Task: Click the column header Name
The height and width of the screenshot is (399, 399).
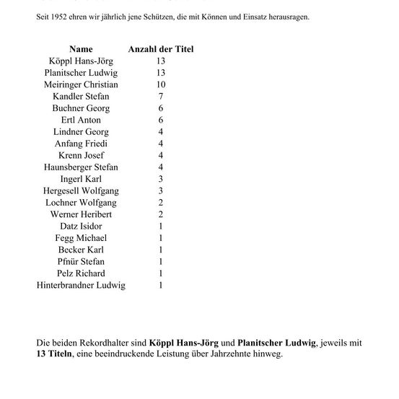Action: tap(81, 49)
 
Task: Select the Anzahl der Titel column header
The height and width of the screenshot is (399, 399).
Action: tap(160, 49)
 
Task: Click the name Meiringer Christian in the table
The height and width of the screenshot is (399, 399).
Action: tap(81, 84)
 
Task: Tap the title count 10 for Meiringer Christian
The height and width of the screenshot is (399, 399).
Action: tap(160, 84)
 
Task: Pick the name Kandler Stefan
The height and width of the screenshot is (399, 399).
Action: tap(81, 96)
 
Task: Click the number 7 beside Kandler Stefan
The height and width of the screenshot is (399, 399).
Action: tap(160, 96)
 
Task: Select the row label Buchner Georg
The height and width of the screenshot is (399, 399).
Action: tap(81, 108)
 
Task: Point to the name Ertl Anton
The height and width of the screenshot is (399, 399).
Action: tap(81, 120)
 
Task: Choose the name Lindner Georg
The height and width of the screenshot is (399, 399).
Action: tap(81, 132)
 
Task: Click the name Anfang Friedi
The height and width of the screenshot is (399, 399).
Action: tap(81, 144)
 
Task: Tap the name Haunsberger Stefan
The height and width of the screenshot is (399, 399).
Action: tap(81, 167)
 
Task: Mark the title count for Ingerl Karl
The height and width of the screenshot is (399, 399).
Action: tap(160, 179)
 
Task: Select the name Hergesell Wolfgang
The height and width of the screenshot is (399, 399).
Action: tap(81, 190)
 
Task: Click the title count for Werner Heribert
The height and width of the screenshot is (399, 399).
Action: tap(160, 214)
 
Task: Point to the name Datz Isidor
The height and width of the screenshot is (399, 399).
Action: tap(81, 226)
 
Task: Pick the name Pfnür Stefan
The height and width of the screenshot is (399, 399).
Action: tap(81, 261)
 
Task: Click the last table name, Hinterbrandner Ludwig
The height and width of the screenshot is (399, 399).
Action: tap(81, 285)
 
